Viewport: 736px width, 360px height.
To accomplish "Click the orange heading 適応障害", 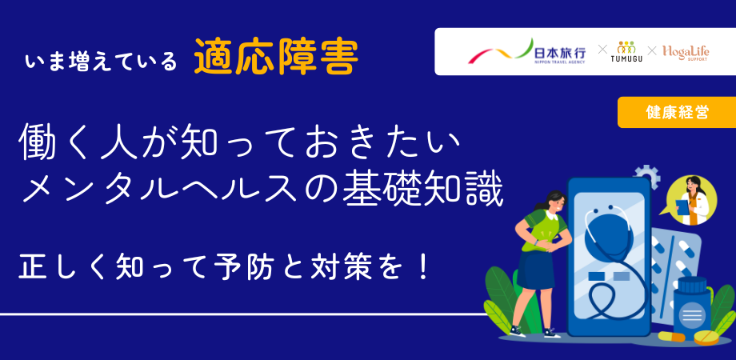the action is pos(276,58).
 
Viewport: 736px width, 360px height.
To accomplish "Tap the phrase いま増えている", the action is pos(101,62).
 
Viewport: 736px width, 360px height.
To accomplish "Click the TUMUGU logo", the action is pos(626,52).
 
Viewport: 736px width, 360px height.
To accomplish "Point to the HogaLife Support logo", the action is pos(686,53).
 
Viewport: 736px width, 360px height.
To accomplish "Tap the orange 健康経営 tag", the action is pos(676,112).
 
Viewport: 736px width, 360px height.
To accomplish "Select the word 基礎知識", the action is pos(422,191).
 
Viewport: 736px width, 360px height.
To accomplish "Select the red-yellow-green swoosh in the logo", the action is pos(501,53).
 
